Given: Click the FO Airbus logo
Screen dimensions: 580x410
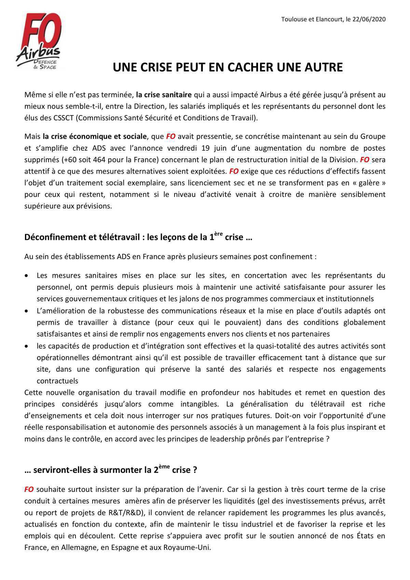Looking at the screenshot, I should (x=38, y=41).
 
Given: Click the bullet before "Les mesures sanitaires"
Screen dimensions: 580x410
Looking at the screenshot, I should (x=27, y=275).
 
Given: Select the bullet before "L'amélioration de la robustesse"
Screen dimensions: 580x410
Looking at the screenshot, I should (x=27, y=311).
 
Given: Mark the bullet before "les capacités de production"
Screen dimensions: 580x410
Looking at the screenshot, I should (x=27, y=346).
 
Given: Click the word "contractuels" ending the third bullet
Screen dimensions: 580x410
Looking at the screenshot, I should (x=57, y=381).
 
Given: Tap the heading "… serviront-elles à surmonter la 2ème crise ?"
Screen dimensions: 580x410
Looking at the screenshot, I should (x=111, y=470).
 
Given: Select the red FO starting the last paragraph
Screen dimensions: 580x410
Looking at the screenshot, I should (x=29, y=489).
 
